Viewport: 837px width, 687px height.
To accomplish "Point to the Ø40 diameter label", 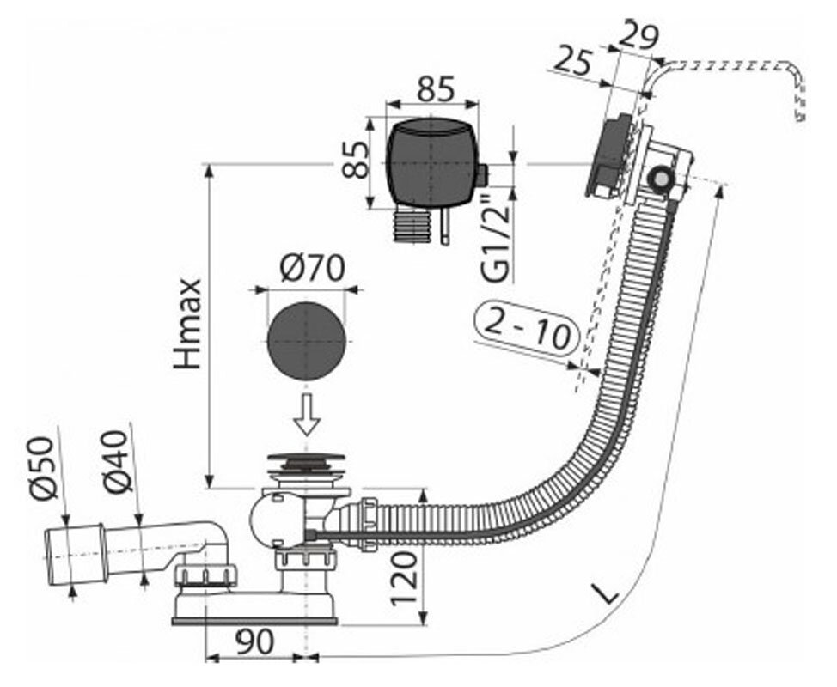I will [119, 459].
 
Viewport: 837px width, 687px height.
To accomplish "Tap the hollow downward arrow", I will [307, 416].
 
